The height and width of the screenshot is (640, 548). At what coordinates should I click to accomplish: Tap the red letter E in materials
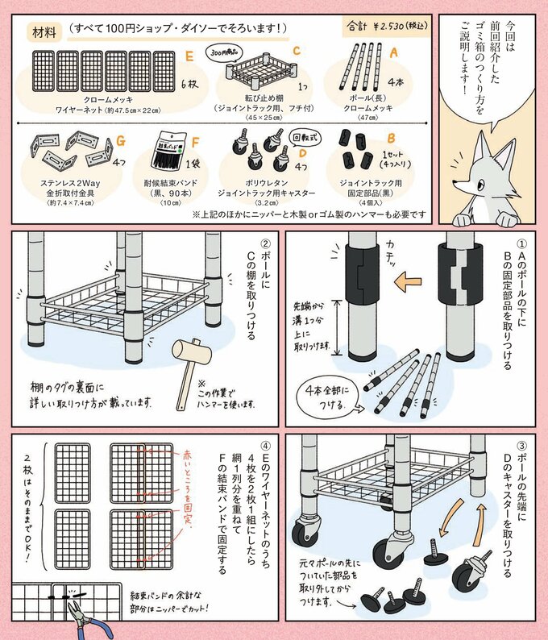point(188,57)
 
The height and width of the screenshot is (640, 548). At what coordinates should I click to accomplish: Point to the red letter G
point(121,139)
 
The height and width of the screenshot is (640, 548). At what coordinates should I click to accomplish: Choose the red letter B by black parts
point(390,139)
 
